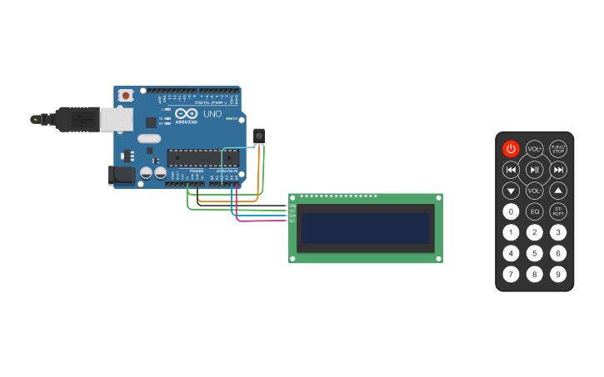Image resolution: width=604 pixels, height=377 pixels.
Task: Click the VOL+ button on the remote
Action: (x=534, y=149)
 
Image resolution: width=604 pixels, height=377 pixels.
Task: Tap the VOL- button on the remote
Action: (x=534, y=191)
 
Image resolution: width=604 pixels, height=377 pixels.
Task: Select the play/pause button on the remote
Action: (x=534, y=170)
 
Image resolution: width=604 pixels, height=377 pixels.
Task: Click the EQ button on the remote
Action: (x=534, y=211)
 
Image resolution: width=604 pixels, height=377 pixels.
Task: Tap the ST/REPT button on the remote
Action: (x=558, y=211)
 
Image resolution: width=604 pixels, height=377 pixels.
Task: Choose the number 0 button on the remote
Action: (x=511, y=211)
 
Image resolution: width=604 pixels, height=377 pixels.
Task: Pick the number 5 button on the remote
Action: (x=534, y=253)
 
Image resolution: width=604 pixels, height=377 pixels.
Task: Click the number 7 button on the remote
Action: (x=511, y=274)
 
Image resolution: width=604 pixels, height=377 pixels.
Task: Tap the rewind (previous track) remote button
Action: (x=511, y=170)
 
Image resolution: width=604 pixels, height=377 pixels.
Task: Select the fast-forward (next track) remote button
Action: (x=558, y=170)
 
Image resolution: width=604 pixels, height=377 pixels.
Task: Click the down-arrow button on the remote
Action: (x=511, y=191)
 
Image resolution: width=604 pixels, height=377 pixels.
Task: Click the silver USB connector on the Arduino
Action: (x=116, y=119)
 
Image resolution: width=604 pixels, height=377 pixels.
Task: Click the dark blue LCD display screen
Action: (x=366, y=228)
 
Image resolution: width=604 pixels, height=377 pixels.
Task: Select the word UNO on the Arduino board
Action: (x=212, y=113)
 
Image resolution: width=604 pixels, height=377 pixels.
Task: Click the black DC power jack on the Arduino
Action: (x=121, y=175)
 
